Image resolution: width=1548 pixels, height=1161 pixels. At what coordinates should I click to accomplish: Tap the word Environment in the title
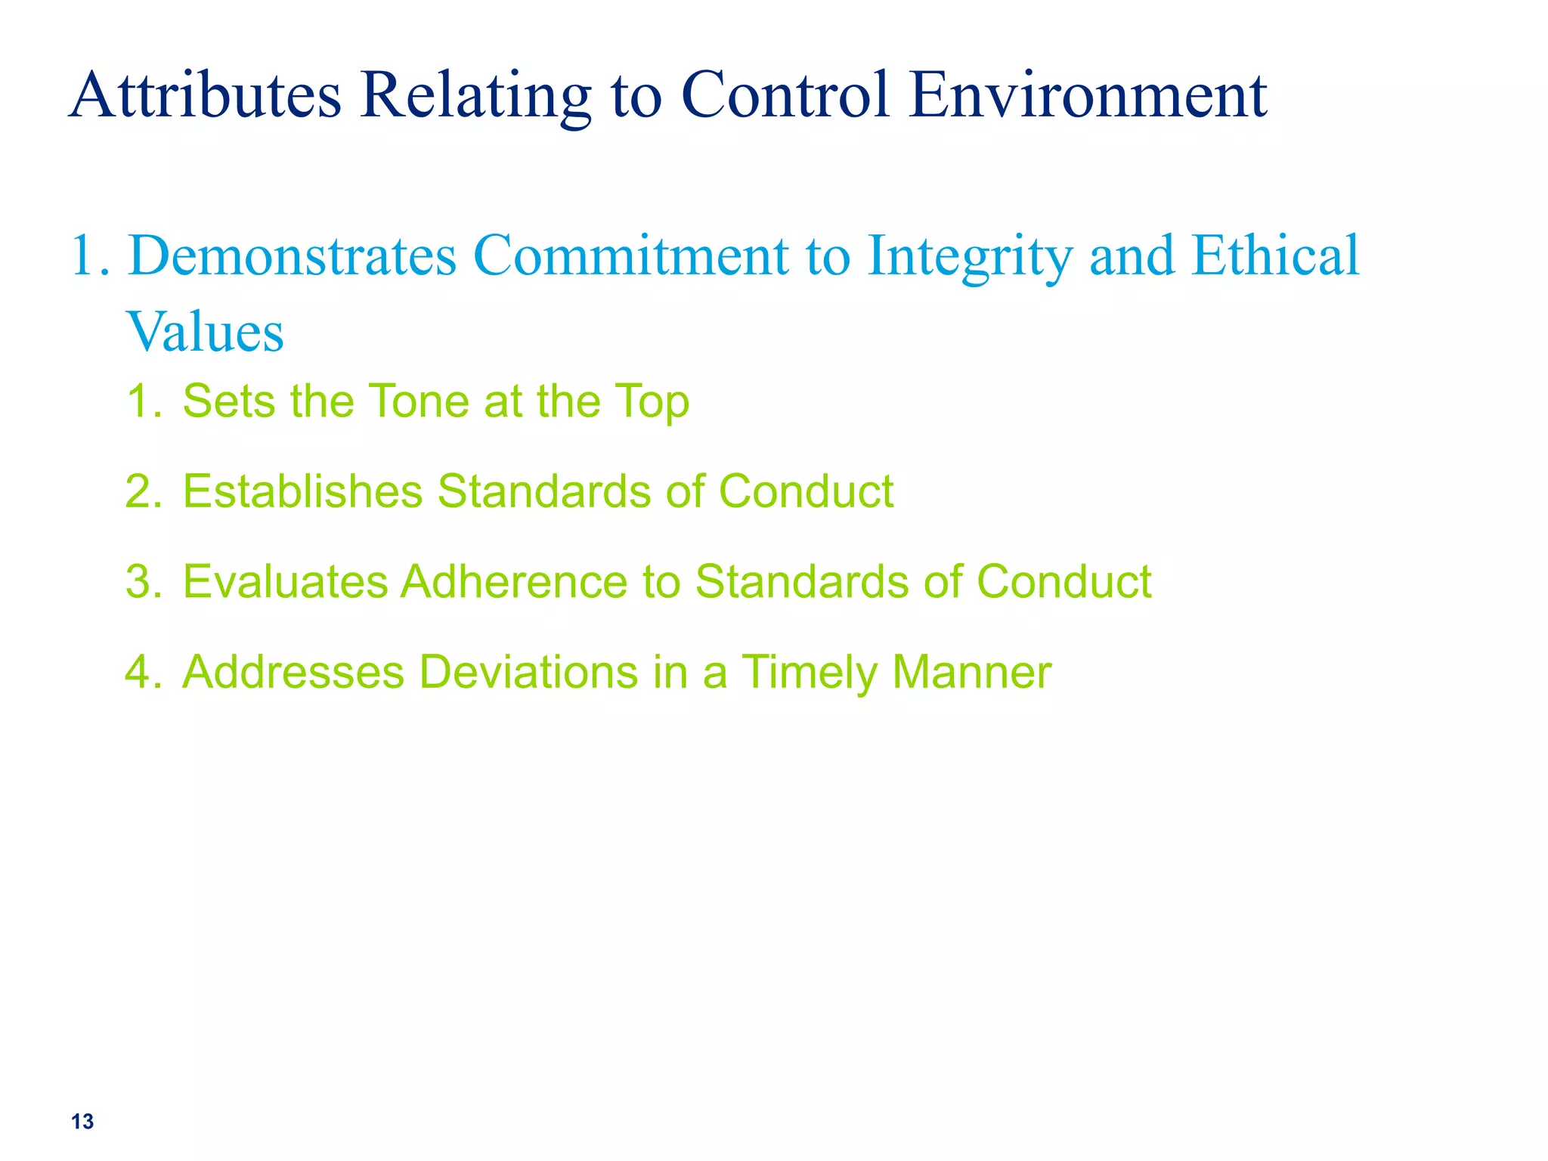(1088, 95)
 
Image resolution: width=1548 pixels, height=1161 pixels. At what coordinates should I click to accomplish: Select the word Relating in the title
(475, 97)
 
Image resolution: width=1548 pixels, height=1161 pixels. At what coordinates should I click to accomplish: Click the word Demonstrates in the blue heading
(293, 255)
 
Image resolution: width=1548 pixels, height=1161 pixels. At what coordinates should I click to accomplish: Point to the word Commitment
(631, 255)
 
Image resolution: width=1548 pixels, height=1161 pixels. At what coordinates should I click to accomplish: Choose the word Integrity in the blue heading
(970, 257)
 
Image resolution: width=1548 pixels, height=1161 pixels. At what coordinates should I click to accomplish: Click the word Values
(205, 332)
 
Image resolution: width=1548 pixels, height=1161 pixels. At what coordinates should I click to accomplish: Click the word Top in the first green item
(651, 402)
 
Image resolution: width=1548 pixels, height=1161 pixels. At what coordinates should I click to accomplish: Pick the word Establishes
(302, 491)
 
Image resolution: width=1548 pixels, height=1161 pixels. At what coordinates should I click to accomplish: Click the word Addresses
(293, 672)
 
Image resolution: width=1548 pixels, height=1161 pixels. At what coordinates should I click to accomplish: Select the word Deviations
(528, 672)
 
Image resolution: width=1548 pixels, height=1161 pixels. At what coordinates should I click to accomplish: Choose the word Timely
(808, 673)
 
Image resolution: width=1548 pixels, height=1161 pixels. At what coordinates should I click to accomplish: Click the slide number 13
(82, 1122)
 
